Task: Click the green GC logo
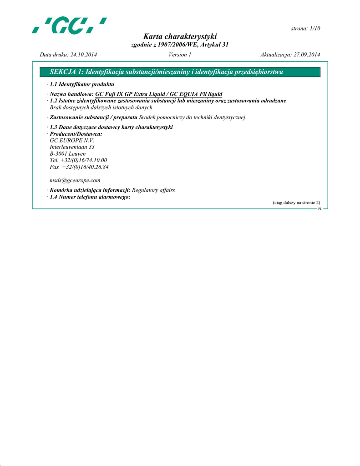coord(69,25)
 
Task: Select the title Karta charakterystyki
coord(180,36)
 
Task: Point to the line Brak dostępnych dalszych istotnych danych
coord(101,107)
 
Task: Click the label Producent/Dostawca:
coord(76,134)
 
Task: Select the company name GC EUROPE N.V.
coord(71,141)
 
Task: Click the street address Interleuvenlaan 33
coord(72,147)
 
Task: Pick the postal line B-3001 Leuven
coord(67,154)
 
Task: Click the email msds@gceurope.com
coord(75,180)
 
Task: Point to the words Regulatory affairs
coord(153,190)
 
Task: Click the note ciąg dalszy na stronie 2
coord(296,203)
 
